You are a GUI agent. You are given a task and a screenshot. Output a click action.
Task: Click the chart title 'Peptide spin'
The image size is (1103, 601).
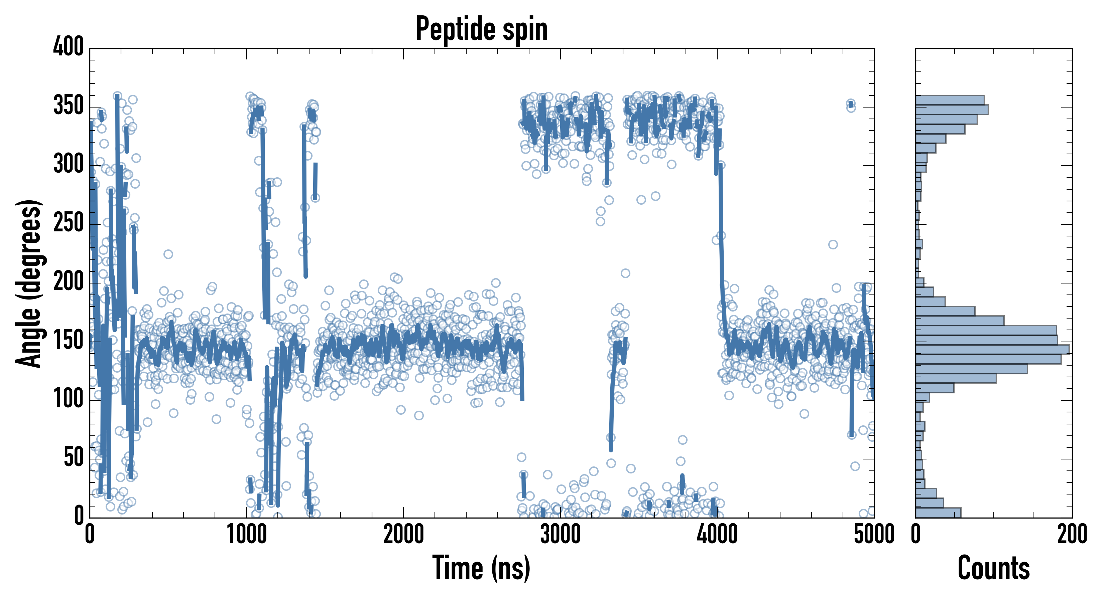[x=482, y=29]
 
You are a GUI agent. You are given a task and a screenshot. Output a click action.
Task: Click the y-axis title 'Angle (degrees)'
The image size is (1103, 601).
[x=29, y=283]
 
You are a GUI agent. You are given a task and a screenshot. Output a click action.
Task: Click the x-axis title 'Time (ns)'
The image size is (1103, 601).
[x=482, y=568]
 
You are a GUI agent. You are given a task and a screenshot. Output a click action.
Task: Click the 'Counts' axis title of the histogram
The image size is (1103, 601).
[x=993, y=568]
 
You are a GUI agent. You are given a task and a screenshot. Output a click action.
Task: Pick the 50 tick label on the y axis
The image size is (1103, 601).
[x=74, y=458]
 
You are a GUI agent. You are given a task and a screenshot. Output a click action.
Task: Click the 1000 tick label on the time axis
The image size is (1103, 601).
[x=247, y=535]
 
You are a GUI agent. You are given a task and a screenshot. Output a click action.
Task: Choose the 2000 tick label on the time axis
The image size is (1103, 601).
[x=403, y=535]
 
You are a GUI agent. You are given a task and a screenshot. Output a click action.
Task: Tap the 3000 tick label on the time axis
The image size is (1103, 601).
[x=560, y=535]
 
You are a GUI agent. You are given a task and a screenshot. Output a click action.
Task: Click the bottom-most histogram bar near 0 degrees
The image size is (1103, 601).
[x=938, y=513]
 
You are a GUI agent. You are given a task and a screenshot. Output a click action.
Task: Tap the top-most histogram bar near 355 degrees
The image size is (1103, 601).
[x=950, y=100]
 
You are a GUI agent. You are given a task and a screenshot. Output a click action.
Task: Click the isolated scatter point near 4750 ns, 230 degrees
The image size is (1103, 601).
[x=833, y=245]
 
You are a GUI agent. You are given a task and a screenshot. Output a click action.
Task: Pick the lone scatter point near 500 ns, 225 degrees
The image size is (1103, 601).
[x=168, y=254]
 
